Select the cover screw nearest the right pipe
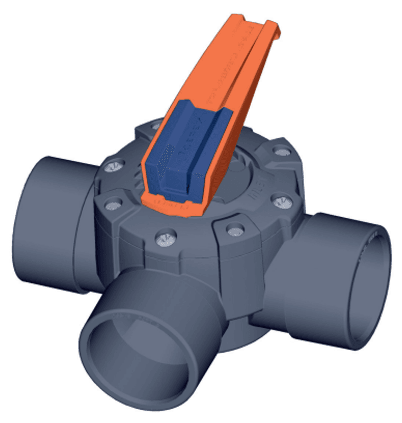pos(281,201)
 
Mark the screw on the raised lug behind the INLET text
pos(279,152)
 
